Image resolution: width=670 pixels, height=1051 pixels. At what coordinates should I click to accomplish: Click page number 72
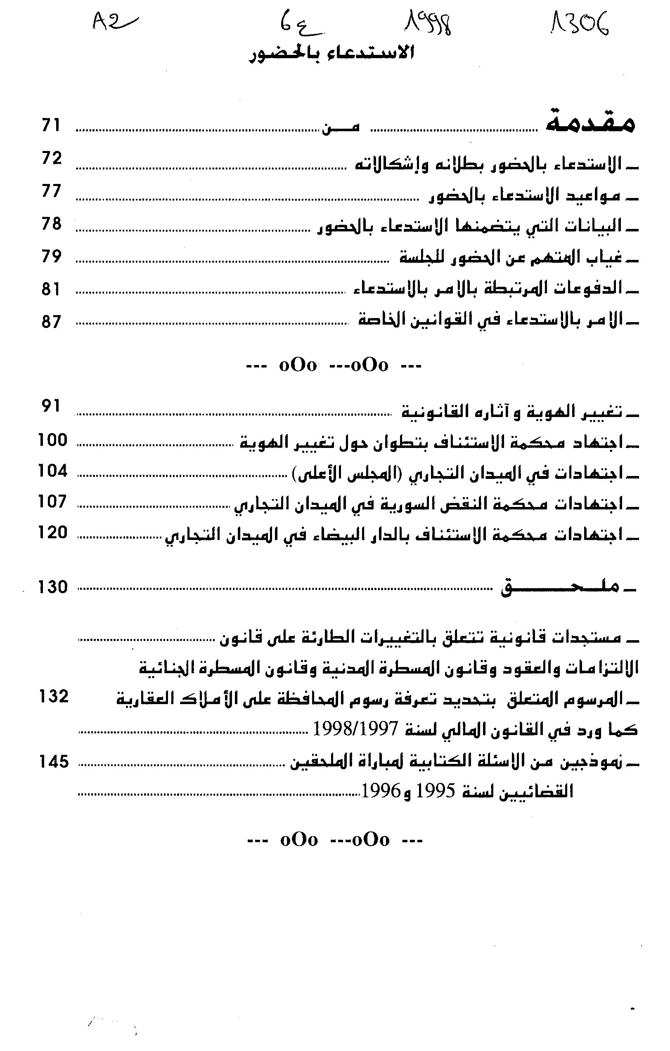click(52, 158)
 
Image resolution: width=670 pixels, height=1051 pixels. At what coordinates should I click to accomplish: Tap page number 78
click(51, 224)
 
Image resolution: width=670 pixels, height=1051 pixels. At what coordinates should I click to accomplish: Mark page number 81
click(51, 290)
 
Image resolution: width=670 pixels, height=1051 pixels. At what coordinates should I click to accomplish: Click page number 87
click(51, 322)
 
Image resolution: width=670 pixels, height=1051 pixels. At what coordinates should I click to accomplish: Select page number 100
click(53, 440)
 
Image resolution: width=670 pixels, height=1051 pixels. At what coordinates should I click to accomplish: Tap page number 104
click(53, 471)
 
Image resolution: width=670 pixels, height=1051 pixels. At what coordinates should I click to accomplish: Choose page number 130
click(53, 587)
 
